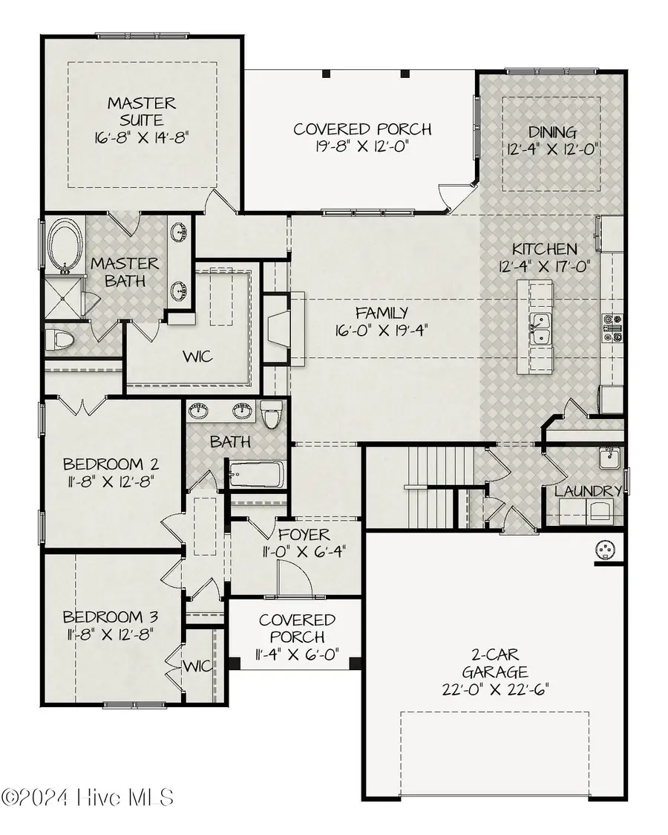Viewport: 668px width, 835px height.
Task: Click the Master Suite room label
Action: (140, 111)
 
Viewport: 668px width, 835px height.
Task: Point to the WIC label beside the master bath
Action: (197, 357)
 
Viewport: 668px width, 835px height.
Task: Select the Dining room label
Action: (552, 133)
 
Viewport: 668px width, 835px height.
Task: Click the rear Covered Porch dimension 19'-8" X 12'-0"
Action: (362, 147)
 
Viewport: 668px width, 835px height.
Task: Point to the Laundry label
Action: (588, 491)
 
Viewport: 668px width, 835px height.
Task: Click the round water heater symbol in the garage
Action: (606, 549)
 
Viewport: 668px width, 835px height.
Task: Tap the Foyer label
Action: (304, 535)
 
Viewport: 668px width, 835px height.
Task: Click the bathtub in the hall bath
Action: (254, 474)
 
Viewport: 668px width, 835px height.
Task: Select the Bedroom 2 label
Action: (111, 464)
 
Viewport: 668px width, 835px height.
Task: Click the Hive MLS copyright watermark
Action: (88, 798)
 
